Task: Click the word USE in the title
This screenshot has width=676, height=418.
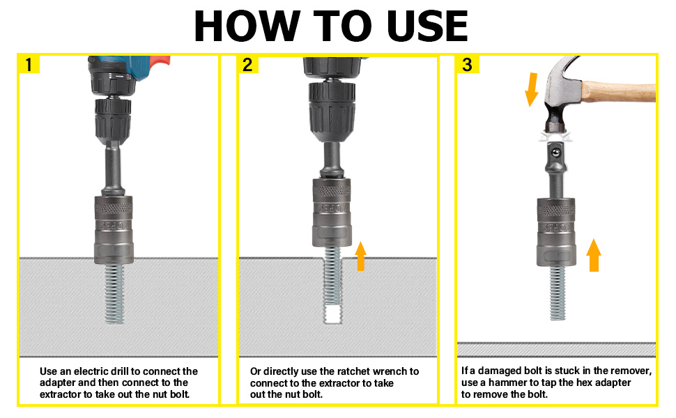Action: [x=427, y=26]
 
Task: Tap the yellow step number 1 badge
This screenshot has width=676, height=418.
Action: [x=29, y=65]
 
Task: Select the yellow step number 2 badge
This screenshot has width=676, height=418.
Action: [x=247, y=65]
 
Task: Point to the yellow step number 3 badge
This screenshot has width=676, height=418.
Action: [x=468, y=65]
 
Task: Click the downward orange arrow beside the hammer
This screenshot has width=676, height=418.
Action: [x=532, y=90]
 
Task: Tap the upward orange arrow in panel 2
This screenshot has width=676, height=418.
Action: [x=360, y=256]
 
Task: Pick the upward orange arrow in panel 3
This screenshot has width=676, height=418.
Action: [x=594, y=255]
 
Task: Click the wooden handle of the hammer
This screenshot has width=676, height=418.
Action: [x=619, y=91]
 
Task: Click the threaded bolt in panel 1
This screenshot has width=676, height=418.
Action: [x=114, y=294]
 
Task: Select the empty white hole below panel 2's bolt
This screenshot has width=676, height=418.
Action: [x=332, y=315]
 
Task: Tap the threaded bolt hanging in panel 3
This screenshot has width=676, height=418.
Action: [x=557, y=293]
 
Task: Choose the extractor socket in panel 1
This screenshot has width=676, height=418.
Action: [x=114, y=230]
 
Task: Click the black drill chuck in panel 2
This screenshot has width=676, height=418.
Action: [x=332, y=111]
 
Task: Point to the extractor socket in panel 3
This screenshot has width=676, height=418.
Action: [x=556, y=232]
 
